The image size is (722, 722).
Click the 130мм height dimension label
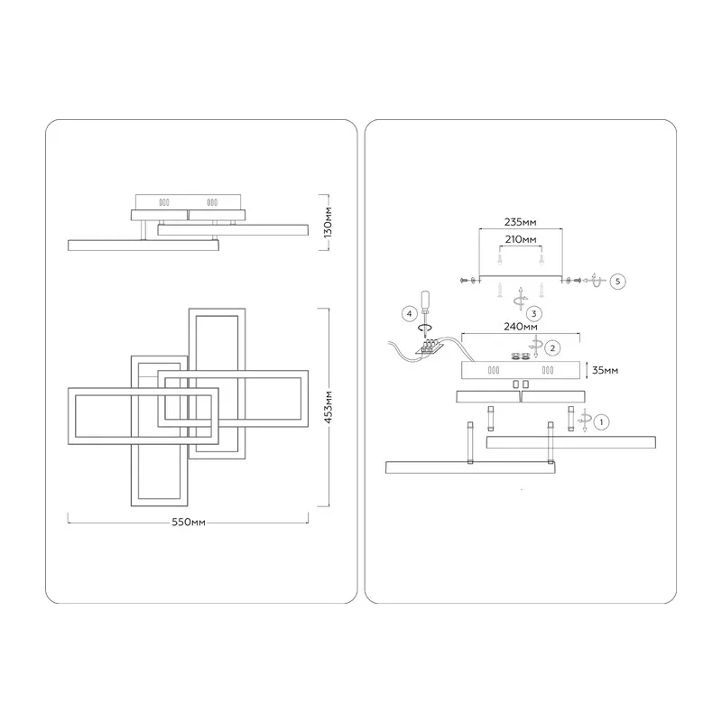[328, 222]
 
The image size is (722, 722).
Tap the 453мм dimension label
[328, 407]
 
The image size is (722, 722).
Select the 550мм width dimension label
[189, 523]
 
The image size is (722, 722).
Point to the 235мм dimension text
[521, 222]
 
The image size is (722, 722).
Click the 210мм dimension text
[521, 239]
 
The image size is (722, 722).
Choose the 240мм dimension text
[521, 327]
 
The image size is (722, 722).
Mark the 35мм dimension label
[605, 370]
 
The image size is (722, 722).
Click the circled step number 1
[601, 421]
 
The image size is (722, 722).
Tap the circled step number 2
[552, 348]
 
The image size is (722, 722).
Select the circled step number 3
[533, 314]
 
